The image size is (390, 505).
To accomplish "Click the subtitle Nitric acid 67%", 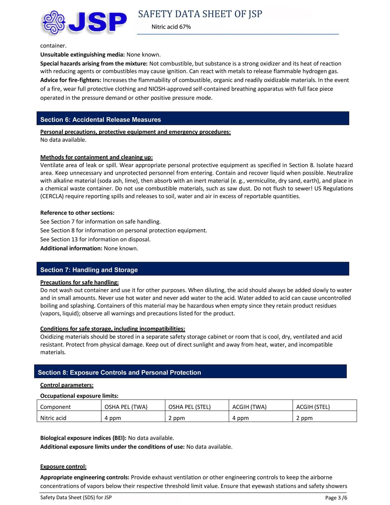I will click(x=171, y=27).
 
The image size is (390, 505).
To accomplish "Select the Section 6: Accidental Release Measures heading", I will click(x=100, y=120).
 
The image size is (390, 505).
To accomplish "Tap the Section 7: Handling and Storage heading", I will click(x=89, y=270).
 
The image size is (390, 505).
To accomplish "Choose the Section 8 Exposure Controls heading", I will click(x=119, y=372).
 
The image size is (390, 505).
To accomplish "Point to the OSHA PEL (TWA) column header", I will click(x=126, y=407).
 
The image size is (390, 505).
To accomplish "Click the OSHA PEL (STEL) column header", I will click(x=189, y=407).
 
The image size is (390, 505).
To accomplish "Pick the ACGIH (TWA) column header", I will click(x=249, y=407).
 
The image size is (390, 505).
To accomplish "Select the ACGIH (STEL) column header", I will click(x=313, y=407).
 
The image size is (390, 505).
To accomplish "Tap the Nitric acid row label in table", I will click(x=53, y=418).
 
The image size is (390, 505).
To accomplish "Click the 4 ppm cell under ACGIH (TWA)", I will click(x=240, y=418).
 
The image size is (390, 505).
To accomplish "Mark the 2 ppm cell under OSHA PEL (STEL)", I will click(x=176, y=418).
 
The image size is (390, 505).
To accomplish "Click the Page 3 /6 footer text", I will click(x=336, y=498).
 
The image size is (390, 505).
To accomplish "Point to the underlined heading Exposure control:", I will click(x=63, y=466).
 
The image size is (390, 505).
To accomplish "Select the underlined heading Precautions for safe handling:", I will click(x=79, y=282).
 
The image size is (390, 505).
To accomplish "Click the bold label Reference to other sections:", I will click(x=77, y=213).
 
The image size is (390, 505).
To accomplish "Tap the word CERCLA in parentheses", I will click(x=52, y=196).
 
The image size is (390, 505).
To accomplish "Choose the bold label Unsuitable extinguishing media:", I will click(x=82, y=55).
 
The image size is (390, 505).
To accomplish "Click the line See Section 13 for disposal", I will click(x=95, y=239).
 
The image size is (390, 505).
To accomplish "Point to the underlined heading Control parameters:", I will click(x=67, y=385).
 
